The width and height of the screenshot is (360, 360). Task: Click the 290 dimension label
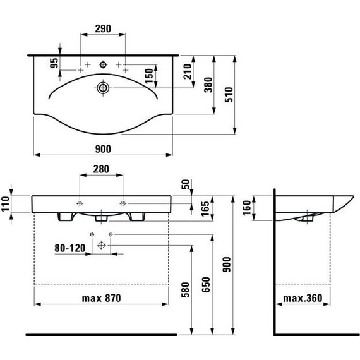click(x=103, y=28)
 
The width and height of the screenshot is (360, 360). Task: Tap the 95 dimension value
click(x=54, y=63)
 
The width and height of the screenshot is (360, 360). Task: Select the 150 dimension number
click(x=149, y=76)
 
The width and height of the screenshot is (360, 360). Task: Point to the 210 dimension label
click(x=188, y=71)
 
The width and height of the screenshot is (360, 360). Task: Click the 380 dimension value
click(x=208, y=85)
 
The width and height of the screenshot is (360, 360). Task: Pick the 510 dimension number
click(x=229, y=94)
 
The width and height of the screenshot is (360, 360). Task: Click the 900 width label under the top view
click(x=103, y=149)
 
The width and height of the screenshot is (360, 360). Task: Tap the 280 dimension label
click(x=101, y=169)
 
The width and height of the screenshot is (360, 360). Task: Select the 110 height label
click(x=5, y=203)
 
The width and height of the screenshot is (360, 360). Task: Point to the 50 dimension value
click(x=186, y=184)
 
